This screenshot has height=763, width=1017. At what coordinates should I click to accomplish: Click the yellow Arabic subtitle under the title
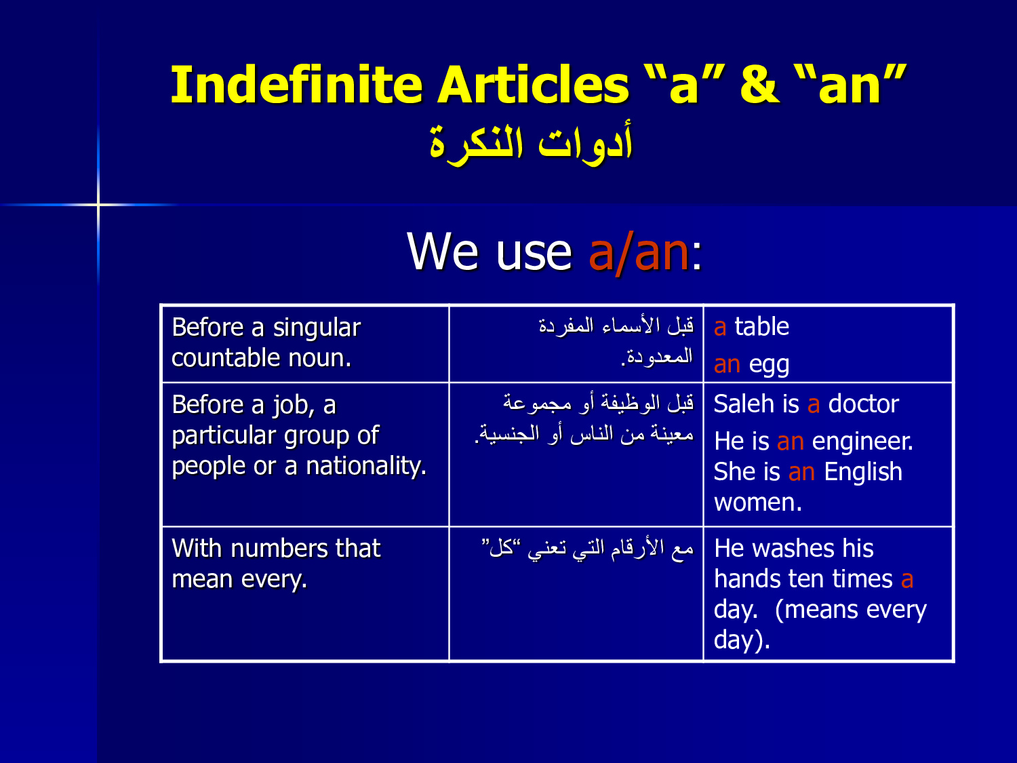(531, 144)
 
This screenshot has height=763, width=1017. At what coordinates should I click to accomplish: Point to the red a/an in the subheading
(639, 253)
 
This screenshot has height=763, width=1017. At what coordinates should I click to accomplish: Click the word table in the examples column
(761, 327)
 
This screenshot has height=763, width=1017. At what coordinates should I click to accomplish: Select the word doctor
(864, 404)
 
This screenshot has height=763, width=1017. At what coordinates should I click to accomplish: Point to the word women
(757, 503)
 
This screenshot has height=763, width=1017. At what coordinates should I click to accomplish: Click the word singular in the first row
(317, 328)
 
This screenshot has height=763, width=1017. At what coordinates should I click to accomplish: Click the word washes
(794, 549)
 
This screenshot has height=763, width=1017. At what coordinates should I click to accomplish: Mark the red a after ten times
(906, 580)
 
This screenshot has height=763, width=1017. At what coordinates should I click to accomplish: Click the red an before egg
(727, 365)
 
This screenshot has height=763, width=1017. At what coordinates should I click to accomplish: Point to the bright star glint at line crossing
(98, 204)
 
